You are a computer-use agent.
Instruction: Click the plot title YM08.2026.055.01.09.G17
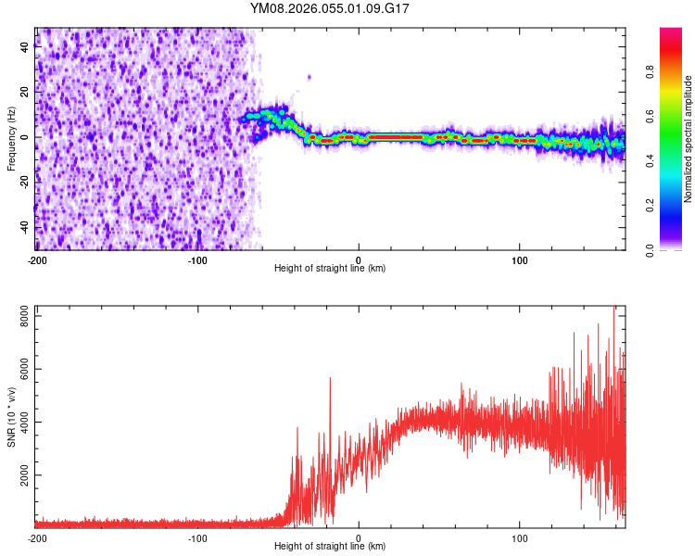[330, 8]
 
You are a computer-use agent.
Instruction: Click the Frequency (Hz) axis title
[11, 138]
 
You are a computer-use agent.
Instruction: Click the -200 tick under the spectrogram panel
[36, 259]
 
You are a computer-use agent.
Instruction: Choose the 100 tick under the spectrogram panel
[520, 259]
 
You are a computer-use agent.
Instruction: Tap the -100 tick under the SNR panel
[197, 537]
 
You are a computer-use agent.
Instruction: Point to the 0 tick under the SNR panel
[359, 537]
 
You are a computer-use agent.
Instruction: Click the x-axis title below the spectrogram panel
[330, 269]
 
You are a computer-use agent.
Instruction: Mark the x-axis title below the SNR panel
[330, 547]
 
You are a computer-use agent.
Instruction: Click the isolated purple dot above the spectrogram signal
[310, 77]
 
